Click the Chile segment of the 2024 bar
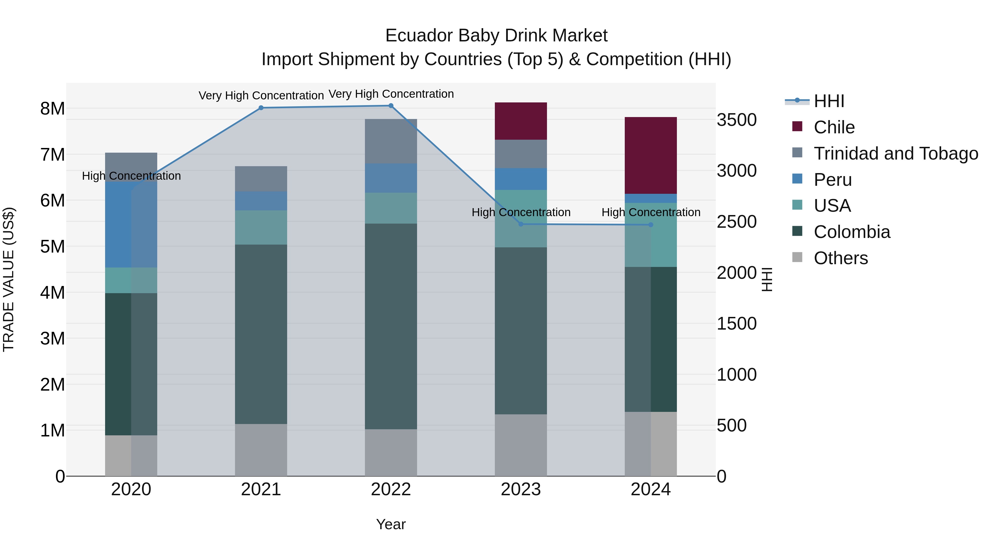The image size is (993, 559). point(650,155)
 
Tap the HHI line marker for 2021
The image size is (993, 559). point(261,108)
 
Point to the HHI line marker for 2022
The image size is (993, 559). point(391,105)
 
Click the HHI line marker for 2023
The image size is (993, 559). point(520,224)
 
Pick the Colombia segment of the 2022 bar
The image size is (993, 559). point(391,326)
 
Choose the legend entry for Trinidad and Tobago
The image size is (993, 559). point(895,153)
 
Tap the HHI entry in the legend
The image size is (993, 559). point(829,101)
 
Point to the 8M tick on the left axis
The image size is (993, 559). point(52,108)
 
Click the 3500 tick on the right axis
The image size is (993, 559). point(736,120)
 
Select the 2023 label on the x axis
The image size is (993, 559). point(520,489)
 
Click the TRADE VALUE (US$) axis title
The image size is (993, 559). point(9,279)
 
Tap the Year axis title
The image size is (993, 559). point(391,524)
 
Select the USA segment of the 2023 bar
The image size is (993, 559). point(520,218)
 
